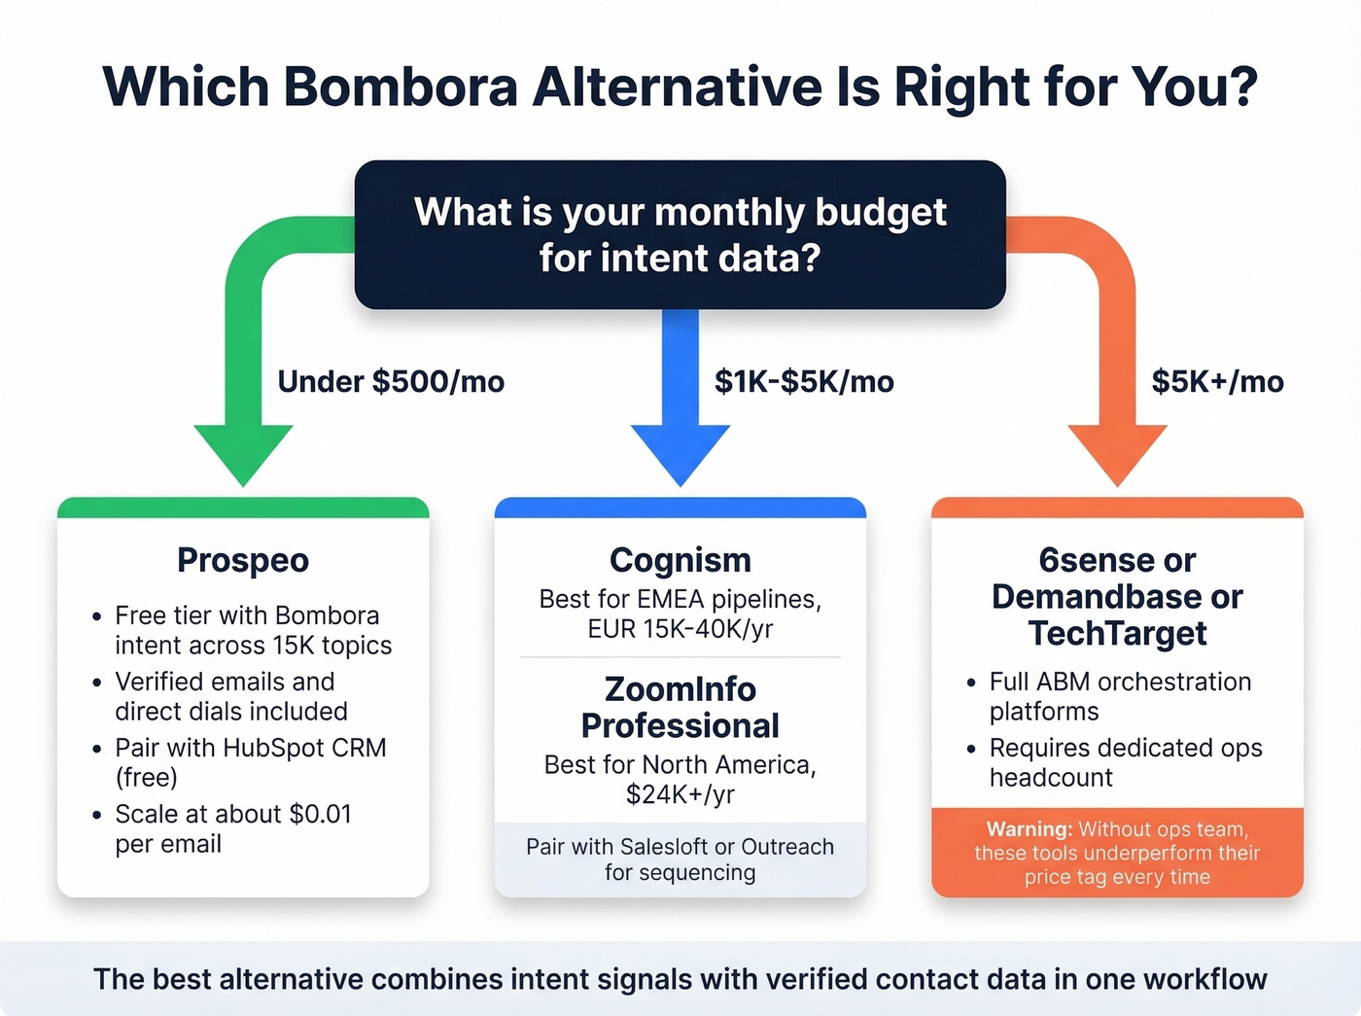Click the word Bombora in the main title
(x=401, y=87)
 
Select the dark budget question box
(x=680, y=234)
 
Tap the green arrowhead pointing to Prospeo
(x=243, y=452)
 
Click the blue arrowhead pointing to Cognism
(x=680, y=452)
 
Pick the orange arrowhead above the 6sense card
(x=1118, y=452)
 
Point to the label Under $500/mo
(x=391, y=381)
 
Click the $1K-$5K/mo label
(x=804, y=381)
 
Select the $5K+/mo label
(x=1217, y=381)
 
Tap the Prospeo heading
(x=243, y=560)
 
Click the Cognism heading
(x=680, y=560)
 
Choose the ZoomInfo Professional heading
(x=680, y=707)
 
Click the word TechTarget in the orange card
(x=1118, y=634)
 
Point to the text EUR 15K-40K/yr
(x=680, y=629)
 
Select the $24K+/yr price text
(x=680, y=794)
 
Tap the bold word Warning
(x=1029, y=829)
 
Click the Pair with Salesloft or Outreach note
(x=680, y=859)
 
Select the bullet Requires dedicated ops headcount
(x=1125, y=762)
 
